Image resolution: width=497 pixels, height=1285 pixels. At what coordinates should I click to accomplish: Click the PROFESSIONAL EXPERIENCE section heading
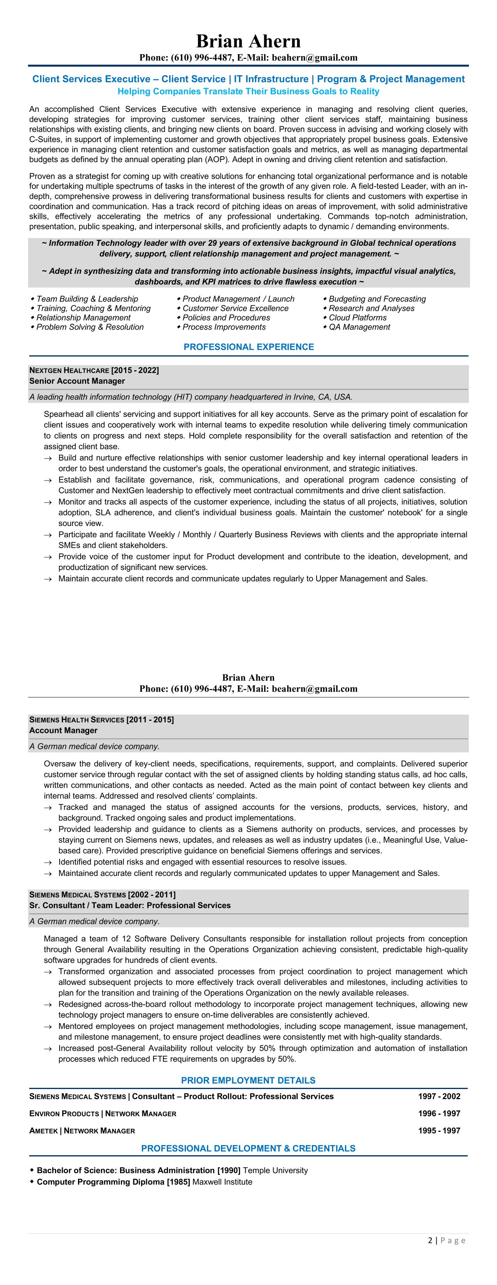point(249,347)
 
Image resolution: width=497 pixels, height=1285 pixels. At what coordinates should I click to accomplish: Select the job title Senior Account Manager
point(77,381)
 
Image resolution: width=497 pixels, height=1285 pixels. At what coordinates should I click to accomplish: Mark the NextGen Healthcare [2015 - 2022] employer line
point(94,370)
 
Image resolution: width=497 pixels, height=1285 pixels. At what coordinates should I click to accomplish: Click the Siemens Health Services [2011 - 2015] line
point(102,720)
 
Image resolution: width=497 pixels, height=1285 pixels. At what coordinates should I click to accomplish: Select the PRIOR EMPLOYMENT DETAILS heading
point(248,1080)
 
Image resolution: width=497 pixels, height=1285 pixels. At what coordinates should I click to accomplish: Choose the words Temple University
point(276,1170)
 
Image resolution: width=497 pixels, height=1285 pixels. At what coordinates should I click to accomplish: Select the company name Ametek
point(43,1130)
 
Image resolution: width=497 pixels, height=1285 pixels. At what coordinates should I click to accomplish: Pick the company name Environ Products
point(64,1114)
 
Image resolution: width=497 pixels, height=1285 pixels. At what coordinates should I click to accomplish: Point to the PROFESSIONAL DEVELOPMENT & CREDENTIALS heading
point(248,1148)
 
